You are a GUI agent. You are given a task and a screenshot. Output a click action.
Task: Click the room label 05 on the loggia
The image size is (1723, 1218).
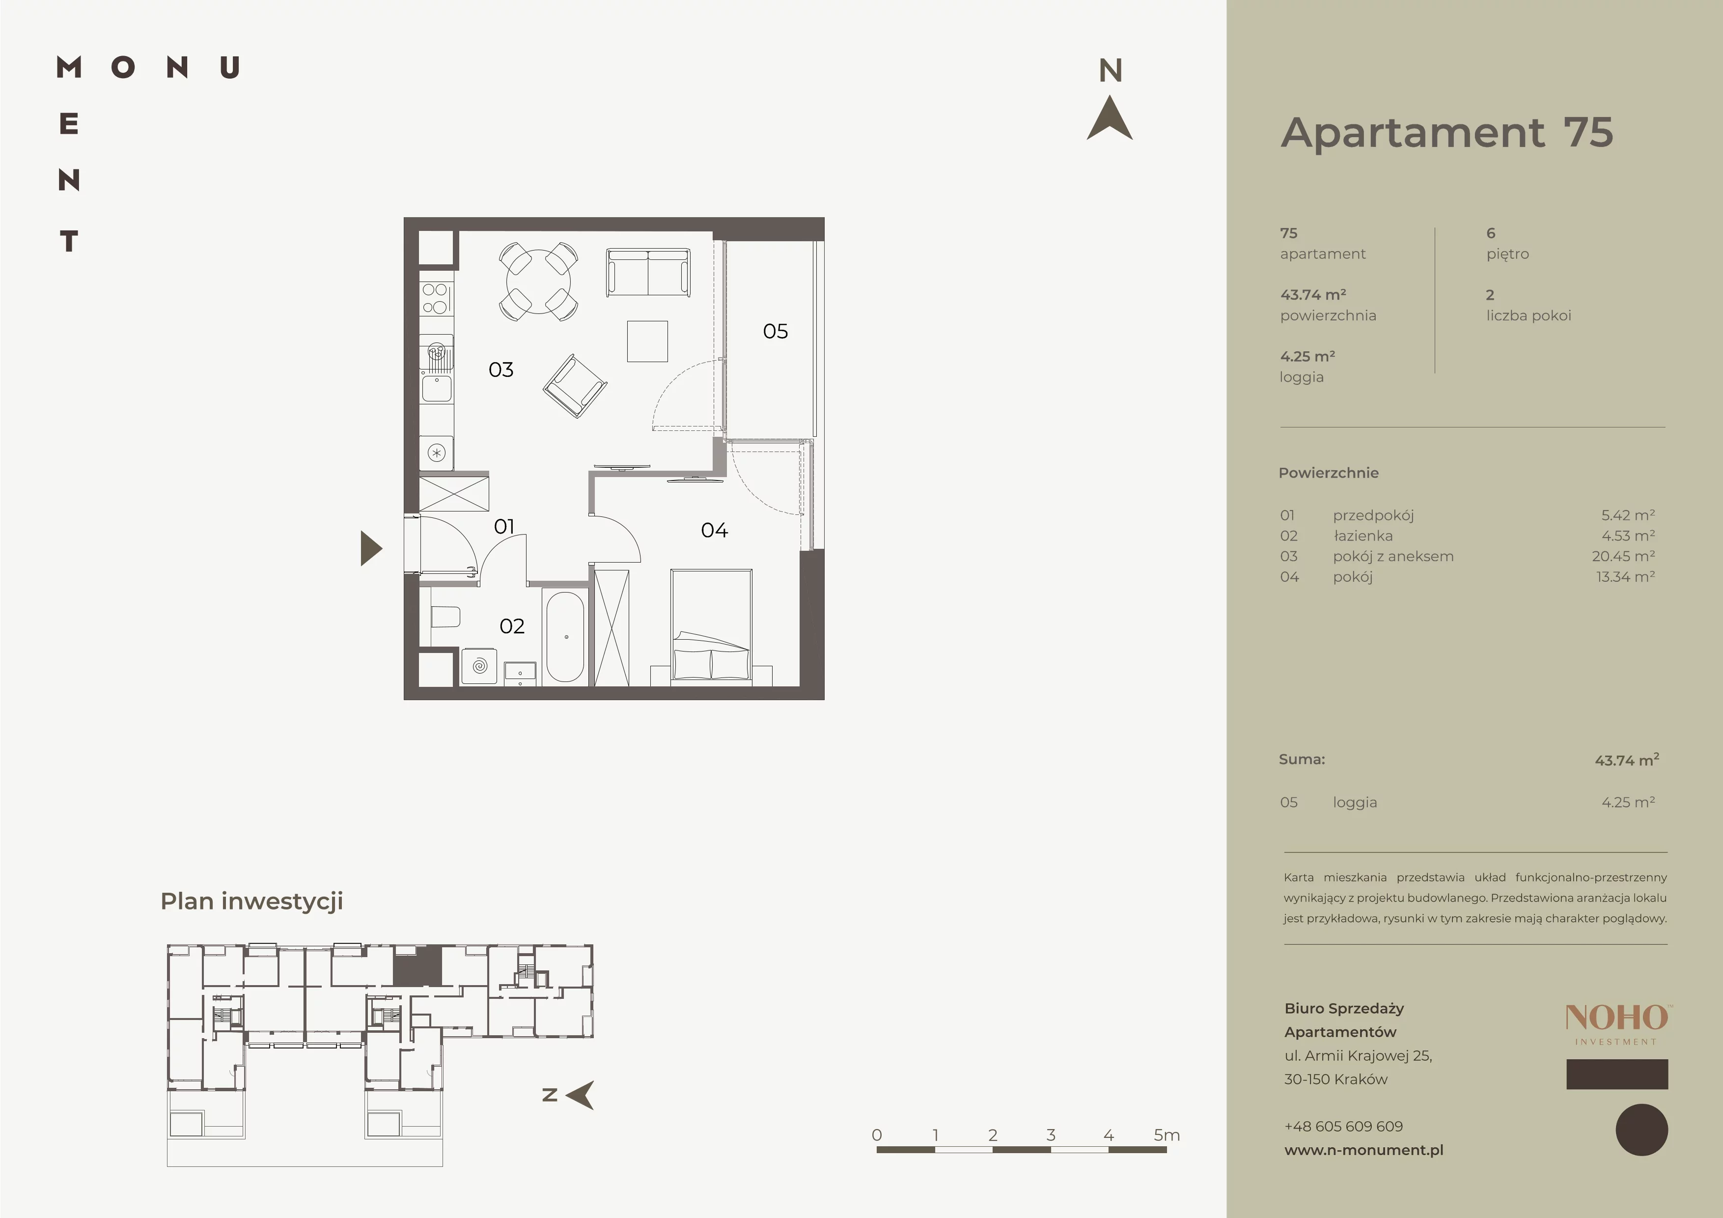tap(775, 331)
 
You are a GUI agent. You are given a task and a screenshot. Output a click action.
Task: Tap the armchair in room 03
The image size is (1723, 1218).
tap(575, 386)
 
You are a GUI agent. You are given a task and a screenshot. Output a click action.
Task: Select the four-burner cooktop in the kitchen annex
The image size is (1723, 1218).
tap(435, 298)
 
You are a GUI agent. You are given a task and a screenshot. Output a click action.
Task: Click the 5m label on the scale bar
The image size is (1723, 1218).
tap(1166, 1134)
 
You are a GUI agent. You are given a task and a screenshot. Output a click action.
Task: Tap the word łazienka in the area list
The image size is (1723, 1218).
tap(1363, 536)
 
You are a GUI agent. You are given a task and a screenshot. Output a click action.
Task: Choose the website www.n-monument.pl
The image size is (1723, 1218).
tap(1363, 1150)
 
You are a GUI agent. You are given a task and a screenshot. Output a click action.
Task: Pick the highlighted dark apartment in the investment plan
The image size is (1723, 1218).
tap(417, 966)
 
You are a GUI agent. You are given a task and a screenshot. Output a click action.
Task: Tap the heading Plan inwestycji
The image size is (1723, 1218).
tap(251, 901)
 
